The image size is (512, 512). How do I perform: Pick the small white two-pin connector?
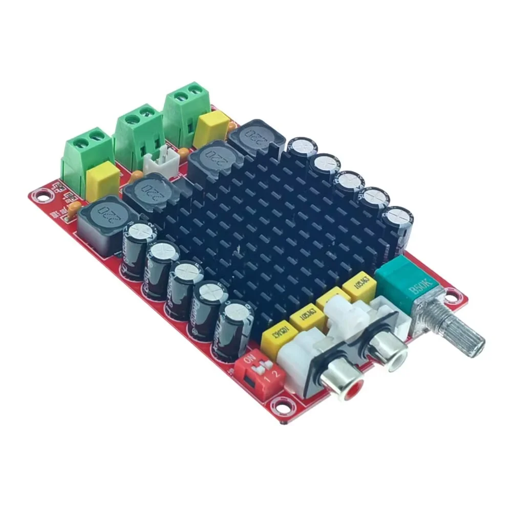[x=159, y=162]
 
